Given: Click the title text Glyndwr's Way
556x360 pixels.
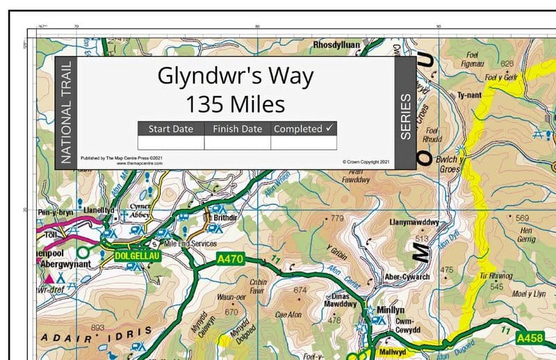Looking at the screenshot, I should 235,75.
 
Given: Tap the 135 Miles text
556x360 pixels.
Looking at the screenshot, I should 235,104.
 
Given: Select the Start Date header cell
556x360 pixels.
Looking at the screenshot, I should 170,129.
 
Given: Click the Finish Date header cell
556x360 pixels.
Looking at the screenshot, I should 237,129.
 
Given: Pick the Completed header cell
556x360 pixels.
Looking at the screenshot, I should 303,129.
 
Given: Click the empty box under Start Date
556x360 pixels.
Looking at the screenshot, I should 170,142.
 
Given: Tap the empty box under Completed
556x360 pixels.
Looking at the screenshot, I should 303,142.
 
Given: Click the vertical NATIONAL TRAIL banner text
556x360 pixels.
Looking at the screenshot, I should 65,113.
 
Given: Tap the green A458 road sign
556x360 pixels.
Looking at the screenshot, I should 531,338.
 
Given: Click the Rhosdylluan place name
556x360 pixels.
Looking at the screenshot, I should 337,44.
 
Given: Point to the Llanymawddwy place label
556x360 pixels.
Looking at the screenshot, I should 416,223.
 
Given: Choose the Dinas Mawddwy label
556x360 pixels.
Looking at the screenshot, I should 336,299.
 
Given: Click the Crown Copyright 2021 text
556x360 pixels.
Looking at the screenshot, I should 370,162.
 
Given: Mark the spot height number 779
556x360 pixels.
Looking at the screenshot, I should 337,218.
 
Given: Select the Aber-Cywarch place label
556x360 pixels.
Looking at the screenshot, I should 407,277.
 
